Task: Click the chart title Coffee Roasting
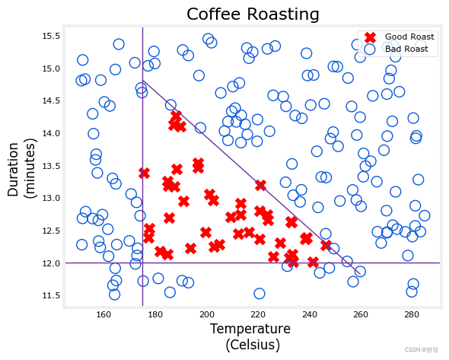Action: coord(253,14)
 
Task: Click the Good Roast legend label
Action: coord(409,37)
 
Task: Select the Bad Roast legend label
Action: coord(406,49)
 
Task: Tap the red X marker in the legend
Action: coord(371,37)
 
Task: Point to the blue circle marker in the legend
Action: coord(371,49)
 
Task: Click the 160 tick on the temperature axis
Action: coord(104,314)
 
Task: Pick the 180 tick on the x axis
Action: coord(155,314)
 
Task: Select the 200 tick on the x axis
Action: coord(207,314)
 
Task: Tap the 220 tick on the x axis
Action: coord(258,314)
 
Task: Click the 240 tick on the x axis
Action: coord(309,314)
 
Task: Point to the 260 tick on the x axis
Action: coord(361,314)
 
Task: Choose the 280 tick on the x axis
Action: coord(412,314)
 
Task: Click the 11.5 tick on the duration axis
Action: coord(51,295)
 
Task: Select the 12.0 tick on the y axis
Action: coord(51,263)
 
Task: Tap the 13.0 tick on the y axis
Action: coord(51,199)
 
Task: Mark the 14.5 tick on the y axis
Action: coord(51,101)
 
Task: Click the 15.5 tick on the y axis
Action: coord(51,37)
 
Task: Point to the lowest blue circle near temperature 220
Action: coord(260,294)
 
